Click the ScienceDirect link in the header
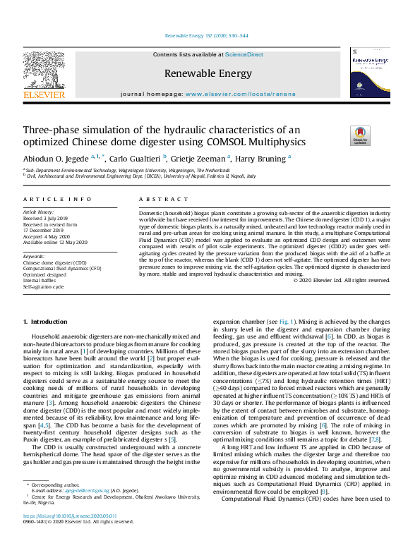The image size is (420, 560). pos(244,54)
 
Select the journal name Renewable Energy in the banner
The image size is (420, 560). pos(208,73)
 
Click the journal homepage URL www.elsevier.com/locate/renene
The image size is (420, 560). pos(239,93)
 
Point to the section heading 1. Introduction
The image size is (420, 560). pos(45,322)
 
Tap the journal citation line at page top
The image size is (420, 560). pos(209,35)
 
